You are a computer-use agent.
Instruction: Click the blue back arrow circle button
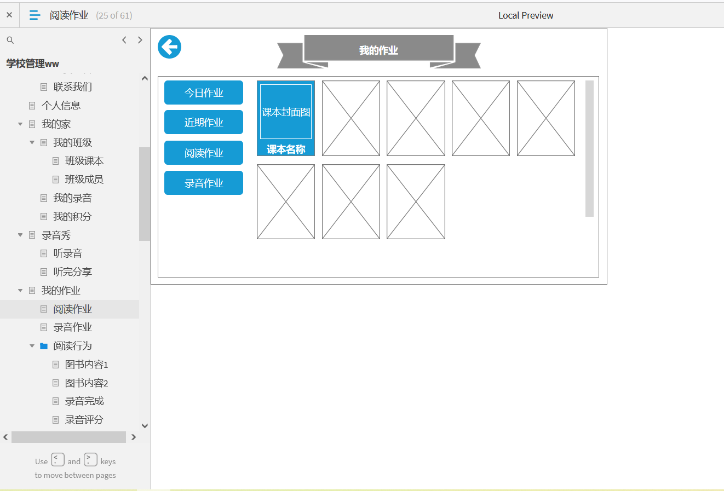(169, 47)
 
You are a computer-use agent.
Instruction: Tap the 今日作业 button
(204, 93)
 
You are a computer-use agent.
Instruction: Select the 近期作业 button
(204, 122)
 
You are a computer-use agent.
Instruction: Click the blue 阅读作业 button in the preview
(204, 153)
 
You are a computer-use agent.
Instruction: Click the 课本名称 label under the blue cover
(286, 149)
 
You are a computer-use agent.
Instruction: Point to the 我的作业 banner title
(378, 50)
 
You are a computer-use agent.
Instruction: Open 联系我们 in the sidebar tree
(72, 87)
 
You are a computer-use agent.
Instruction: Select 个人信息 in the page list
(61, 105)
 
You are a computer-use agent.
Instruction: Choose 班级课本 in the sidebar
(84, 161)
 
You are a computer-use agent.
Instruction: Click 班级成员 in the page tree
(84, 180)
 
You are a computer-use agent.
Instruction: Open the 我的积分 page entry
(72, 216)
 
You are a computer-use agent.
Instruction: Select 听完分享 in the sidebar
(72, 272)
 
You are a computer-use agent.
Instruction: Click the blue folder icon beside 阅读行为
(44, 346)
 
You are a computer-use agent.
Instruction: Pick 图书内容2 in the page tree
(87, 383)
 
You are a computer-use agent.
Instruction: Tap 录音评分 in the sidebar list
(84, 420)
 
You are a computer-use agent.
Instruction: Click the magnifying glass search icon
(10, 40)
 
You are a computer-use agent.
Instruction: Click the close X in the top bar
(9, 15)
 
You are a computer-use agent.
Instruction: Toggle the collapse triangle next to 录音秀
(20, 235)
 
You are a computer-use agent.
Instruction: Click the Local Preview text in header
(526, 15)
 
